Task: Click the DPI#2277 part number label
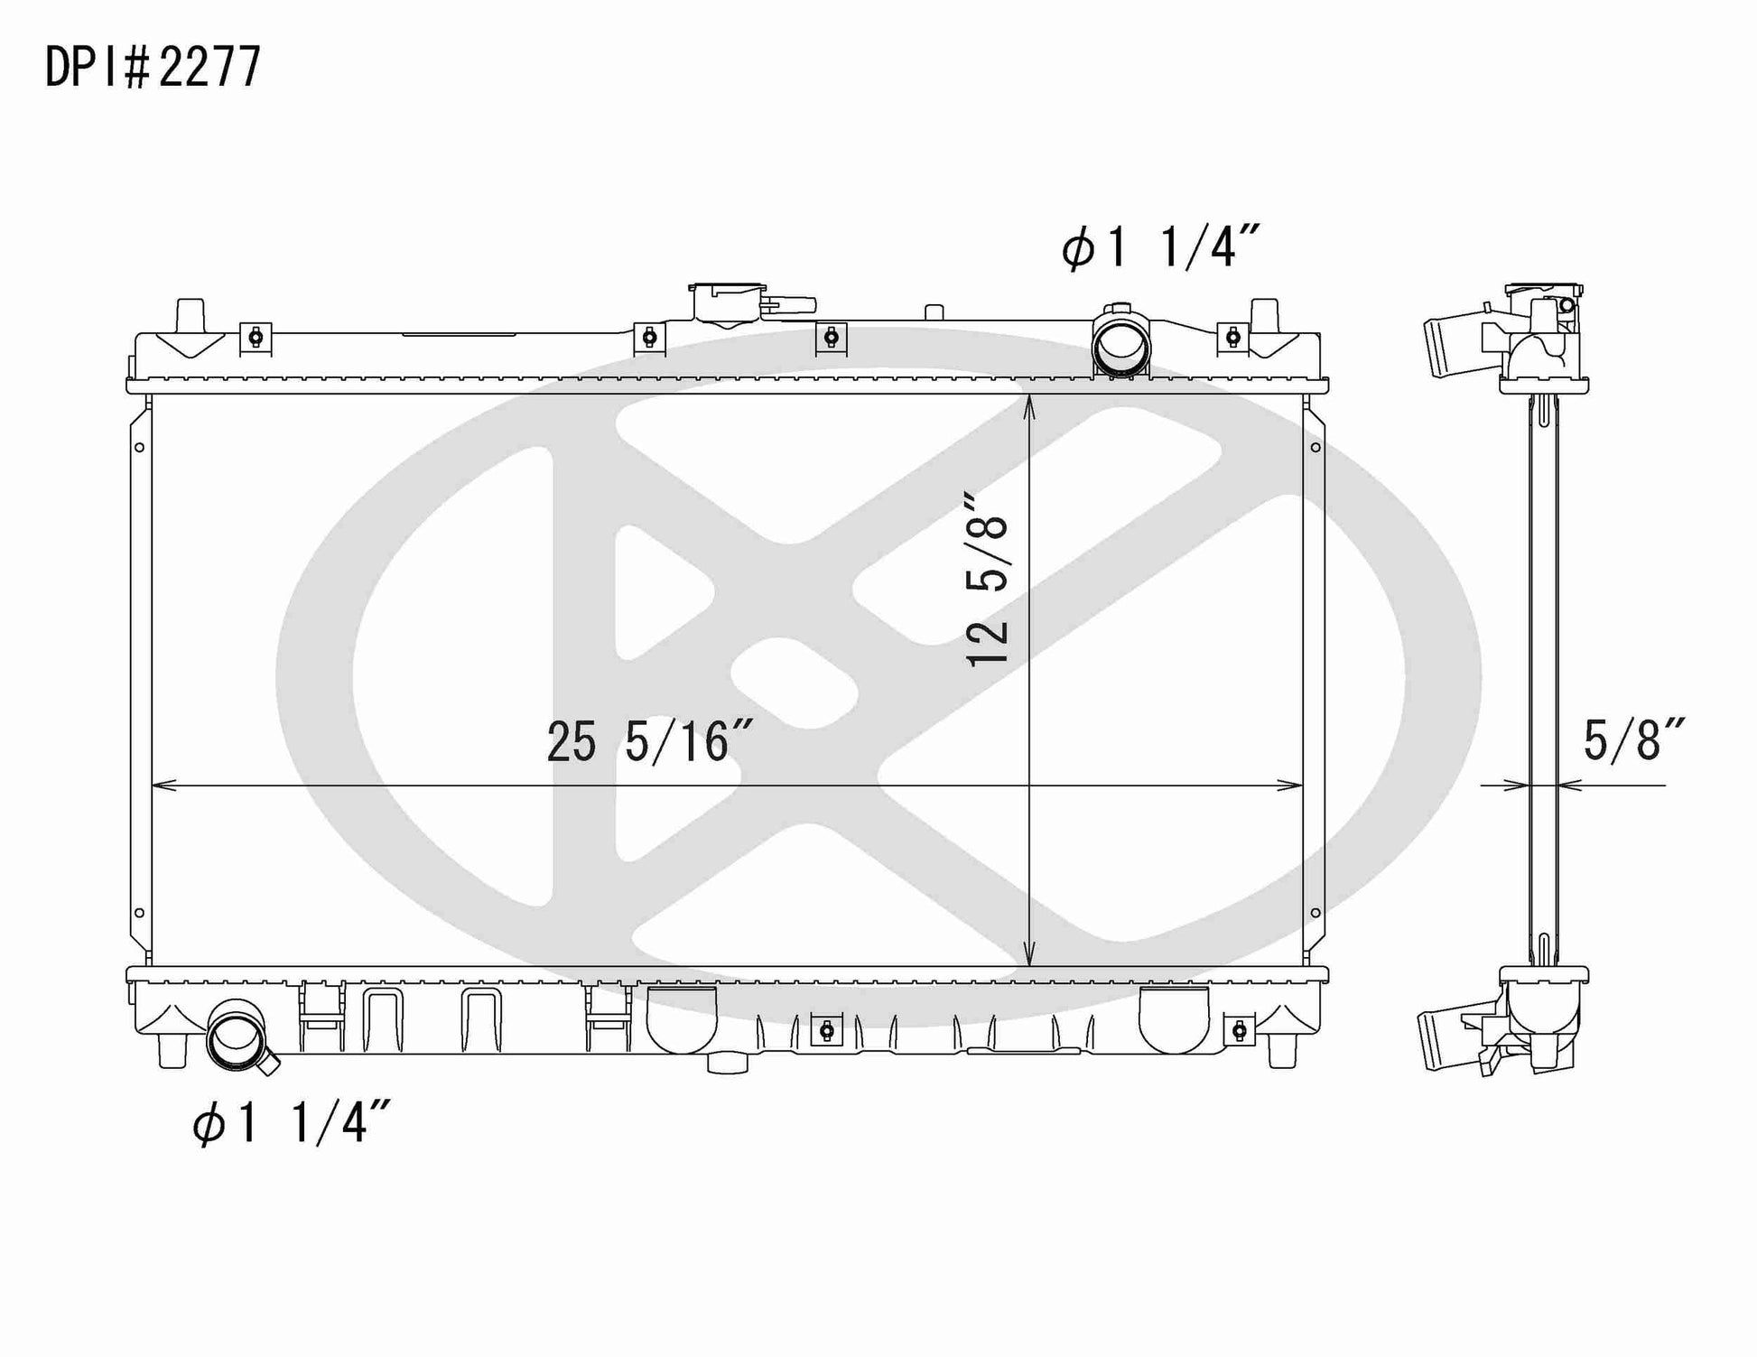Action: coord(153,66)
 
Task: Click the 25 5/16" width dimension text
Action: coord(651,742)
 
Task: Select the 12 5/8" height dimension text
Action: coord(987,579)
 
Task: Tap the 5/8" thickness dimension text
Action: coord(1634,739)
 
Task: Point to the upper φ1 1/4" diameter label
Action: coord(1160,246)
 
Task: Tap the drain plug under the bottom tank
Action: coord(728,1063)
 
